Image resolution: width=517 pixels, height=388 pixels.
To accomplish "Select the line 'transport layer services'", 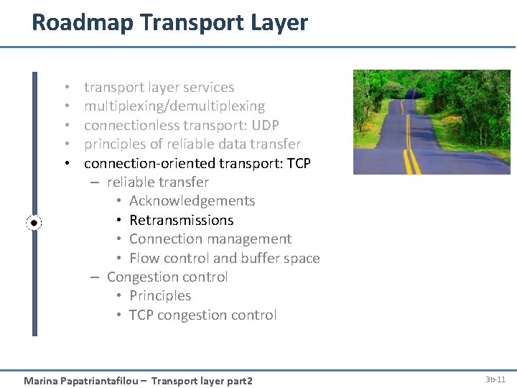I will (159, 88).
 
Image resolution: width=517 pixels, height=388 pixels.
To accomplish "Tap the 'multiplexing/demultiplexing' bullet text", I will (174, 106).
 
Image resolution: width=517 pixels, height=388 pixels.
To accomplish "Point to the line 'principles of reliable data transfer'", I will (192, 144).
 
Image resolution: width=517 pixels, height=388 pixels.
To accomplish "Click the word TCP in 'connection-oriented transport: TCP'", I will (299, 164).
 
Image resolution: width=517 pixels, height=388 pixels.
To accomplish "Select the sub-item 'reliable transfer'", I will (158, 183).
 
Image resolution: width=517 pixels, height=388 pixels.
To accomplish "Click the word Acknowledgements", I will (192, 201).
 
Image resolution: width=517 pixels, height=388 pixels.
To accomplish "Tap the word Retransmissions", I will (182, 221).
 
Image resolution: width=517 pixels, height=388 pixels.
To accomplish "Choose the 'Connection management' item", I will (210, 239).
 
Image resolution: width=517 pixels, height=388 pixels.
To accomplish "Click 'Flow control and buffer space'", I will (224, 259).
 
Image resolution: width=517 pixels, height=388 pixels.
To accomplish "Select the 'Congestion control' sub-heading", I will (167, 277).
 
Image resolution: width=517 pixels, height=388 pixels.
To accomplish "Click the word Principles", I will (160, 296).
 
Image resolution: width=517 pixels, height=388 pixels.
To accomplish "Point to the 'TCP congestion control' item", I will (202, 315).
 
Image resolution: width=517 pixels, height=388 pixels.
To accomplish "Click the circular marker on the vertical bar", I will (34, 223).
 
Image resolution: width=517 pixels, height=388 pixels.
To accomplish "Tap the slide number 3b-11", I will (495, 379).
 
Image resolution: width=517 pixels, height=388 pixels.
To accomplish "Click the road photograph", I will (432, 122).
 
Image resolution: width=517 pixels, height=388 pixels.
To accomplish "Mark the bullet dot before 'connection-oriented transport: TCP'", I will (65, 164).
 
